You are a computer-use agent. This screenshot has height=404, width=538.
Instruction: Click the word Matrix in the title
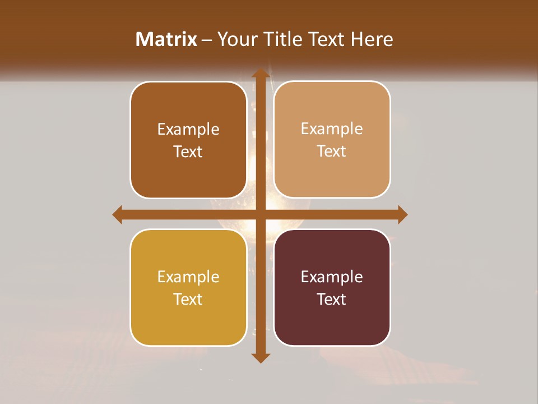click(x=166, y=39)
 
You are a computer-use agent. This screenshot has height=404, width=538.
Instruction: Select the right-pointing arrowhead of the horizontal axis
click(x=402, y=214)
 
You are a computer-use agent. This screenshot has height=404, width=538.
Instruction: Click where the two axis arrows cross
click(x=260, y=214)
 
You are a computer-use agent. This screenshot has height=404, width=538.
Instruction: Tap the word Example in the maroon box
click(x=332, y=277)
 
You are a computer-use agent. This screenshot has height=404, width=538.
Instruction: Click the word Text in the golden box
click(x=188, y=299)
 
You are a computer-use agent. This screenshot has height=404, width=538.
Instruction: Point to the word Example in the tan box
click(x=332, y=128)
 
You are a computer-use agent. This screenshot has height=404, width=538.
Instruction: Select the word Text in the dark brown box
click(x=188, y=151)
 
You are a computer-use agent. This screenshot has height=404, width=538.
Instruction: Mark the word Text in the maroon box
click(x=332, y=299)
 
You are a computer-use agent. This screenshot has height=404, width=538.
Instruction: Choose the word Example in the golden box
click(x=188, y=277)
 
